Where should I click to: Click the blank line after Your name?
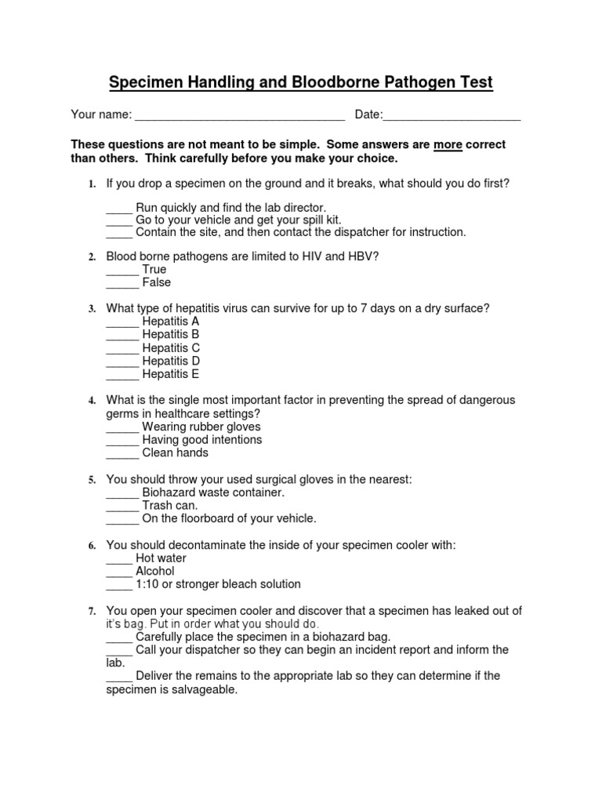(240, 117)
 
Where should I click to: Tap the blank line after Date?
(451, 117)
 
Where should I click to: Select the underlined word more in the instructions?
(448, 145)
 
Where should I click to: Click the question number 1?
(91, 184)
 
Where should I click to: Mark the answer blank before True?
(121, 271)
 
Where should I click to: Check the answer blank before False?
(121, 283)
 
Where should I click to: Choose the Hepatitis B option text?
(171, 335)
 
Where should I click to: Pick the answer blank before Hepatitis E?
(121, 376)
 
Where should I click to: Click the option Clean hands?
(175, 453)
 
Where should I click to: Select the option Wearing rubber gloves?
(201, 427)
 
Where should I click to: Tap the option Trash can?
(170, 506)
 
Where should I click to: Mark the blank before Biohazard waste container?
(121, 494)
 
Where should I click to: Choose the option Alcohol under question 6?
(155, 572)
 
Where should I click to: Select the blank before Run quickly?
(118, 209)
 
